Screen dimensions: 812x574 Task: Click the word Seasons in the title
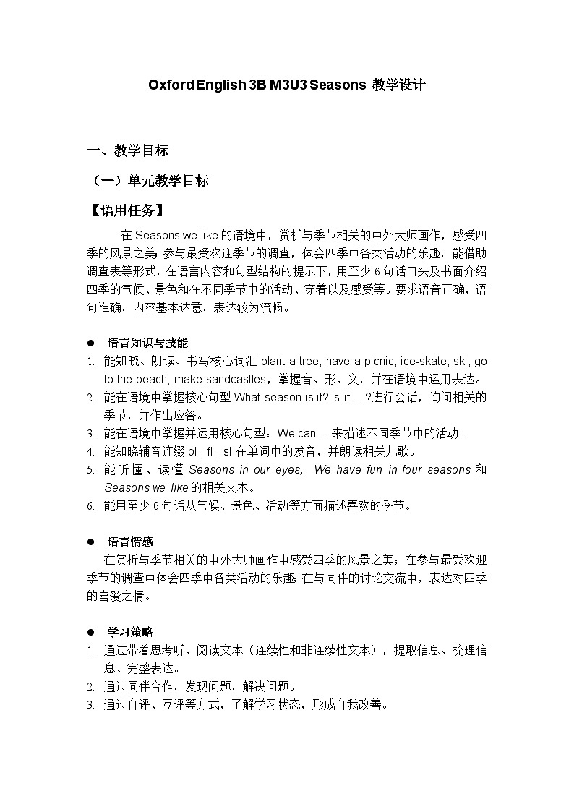pos(338,85)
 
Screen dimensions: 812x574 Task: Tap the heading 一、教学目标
pos(127,150)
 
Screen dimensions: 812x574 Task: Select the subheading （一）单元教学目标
pos(147,181)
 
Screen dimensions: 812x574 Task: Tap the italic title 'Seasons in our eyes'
pos(245,470)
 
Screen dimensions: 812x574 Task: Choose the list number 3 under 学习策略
pos(90,704)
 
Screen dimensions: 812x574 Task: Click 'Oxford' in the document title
pos(171,85)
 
